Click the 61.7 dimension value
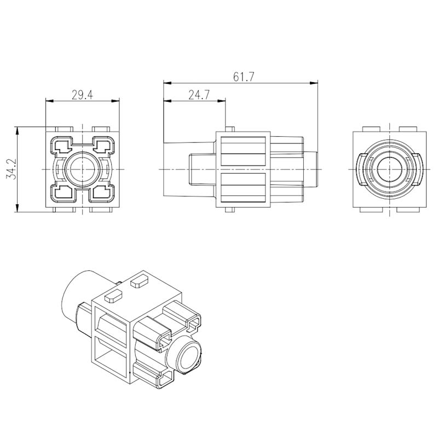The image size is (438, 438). (244, 77)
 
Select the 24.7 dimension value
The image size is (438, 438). (199, 95)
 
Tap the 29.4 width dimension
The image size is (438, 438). (82, 95)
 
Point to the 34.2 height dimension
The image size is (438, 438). (11, 169)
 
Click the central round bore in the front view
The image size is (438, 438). (83, 169)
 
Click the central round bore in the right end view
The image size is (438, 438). (390, 169)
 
